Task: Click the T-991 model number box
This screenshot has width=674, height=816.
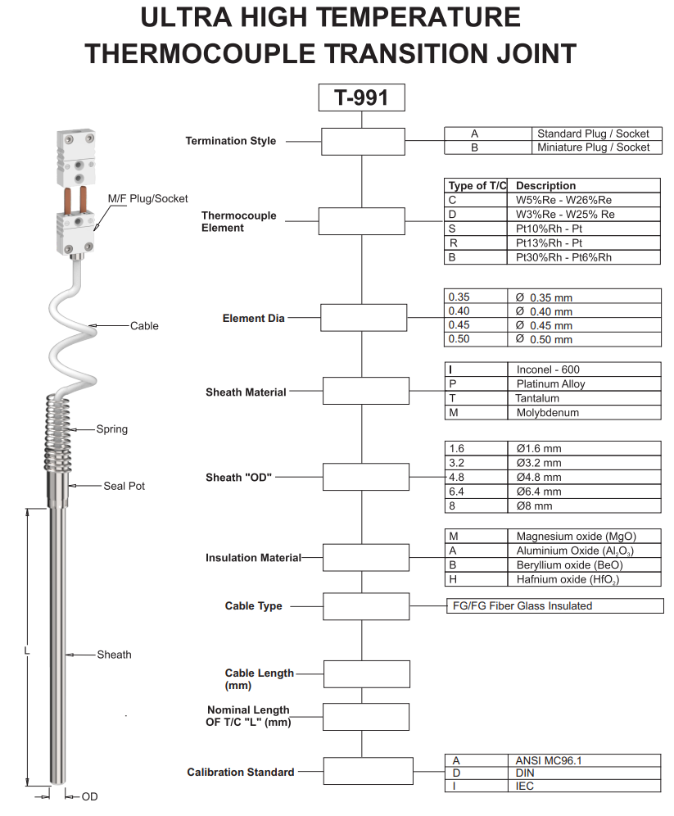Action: pyautogui.click(x=361, y=97)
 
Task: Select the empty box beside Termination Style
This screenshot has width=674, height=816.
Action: pyautogui.click(x=362, y=141)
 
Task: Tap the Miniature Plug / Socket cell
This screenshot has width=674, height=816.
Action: pyautogui.click(x=593, y=147)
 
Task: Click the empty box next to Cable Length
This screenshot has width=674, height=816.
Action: pyautogui.click(x=366, y=674)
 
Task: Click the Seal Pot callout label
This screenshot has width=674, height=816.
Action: pyautogui.click(x=124, y=486)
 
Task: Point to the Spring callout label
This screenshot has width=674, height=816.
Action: pyautogui.click(x=111, y=429)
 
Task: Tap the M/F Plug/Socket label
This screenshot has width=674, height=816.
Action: pyautogui.click(x=147, y=198)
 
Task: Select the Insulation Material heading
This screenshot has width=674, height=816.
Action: pyautogui.click(x=253, y=558)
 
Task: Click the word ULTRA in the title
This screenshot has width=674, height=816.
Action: pyautogui.click(x=189, y=18)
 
